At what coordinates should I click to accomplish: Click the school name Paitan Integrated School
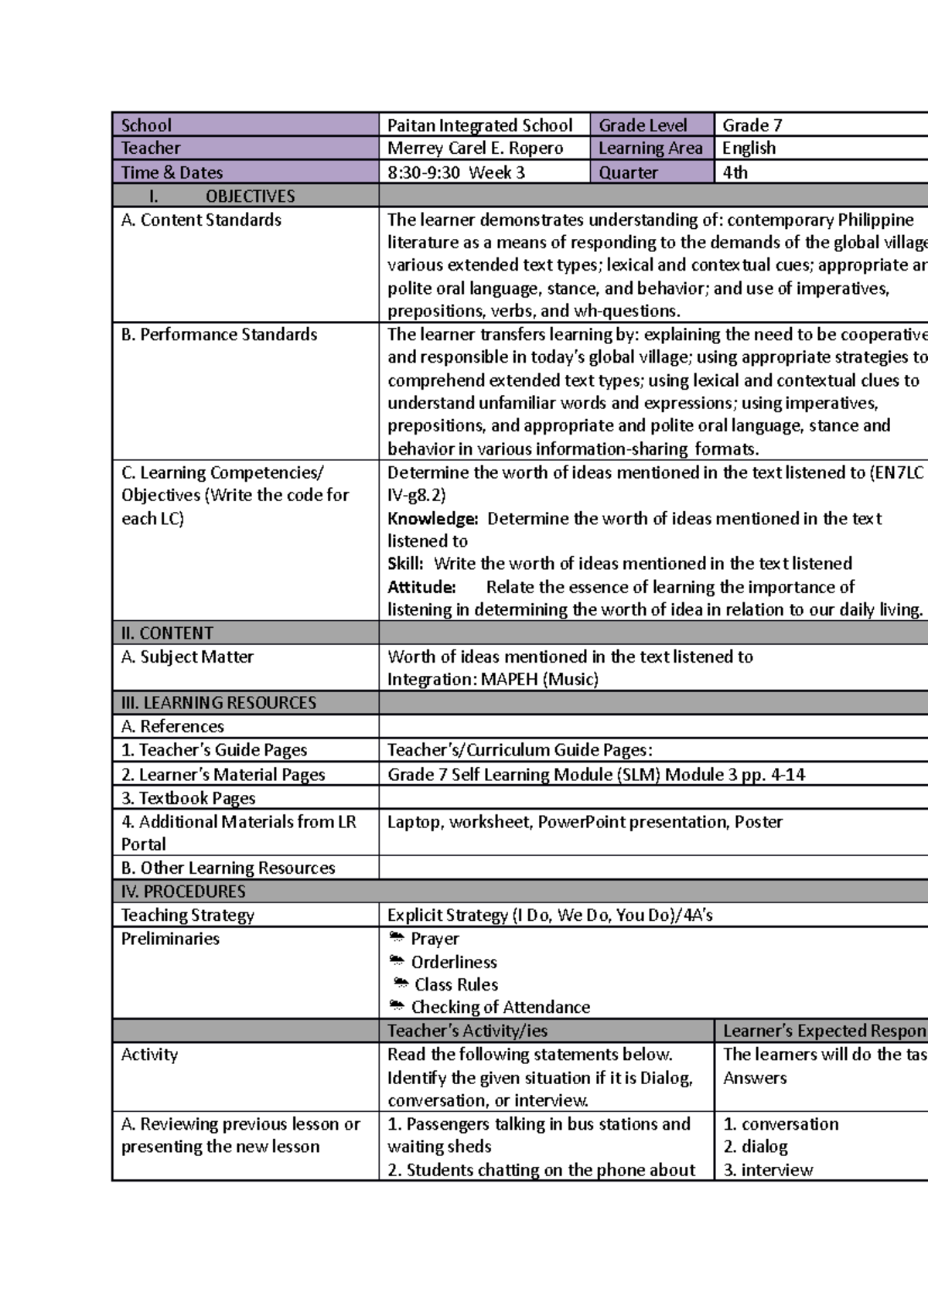click(479, 125)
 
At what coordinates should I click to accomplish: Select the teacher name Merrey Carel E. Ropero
click(475, 148)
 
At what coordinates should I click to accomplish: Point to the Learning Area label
click(650, 148)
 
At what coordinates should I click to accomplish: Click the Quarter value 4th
click(735, 172)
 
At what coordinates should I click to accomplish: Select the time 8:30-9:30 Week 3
click(455, 172)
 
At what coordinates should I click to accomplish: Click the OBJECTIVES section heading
click(250, 196)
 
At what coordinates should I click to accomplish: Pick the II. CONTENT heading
click(167, 633)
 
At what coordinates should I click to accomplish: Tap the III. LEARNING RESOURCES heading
click(219, 703)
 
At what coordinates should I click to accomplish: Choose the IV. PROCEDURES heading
click(183, 892)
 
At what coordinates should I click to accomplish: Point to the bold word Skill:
click(405, 564)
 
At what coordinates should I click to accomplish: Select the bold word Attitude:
click(421, 587)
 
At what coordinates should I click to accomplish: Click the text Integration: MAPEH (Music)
click(493, 680)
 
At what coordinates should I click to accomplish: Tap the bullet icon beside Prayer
click(397, 939)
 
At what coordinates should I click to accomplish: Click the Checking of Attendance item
click(500, 1008)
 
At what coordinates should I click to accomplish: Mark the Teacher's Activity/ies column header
click(467, 1031)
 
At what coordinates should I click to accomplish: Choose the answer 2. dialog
click(756, 1147)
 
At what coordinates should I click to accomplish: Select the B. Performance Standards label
click(220, 335)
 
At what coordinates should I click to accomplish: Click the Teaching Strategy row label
click(188, 916)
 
